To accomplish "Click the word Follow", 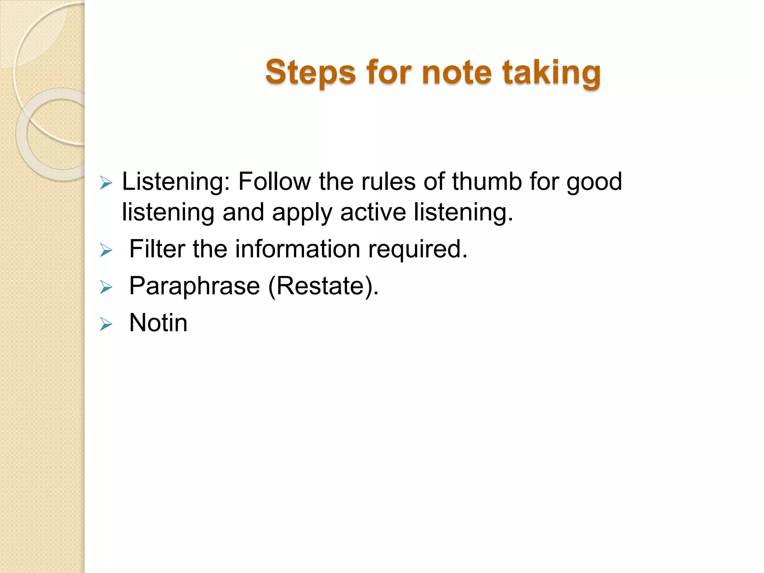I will pyautogui.click(x=274, y=182).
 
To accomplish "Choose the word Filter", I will pyautogui.click(x=157, y=249).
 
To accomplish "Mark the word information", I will pyautogui.click(x=297, y=249).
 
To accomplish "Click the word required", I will pyautogui.click(x=418, y=250).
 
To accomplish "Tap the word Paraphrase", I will pyautogui.click(x=194, y=286).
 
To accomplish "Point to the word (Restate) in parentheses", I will pyautogui.click(x=323, y=286).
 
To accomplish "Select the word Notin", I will pyautogui.click(x=158, y=323).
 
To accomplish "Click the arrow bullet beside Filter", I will pyautogui.click(x=106, y=250).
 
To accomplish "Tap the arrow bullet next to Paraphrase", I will pyautogui.click(x=106, y=288).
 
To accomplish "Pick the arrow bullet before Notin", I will pyautogui.click(x=106, y=324).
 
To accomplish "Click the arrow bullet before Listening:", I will pyautogui.click(x=106, y=183).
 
